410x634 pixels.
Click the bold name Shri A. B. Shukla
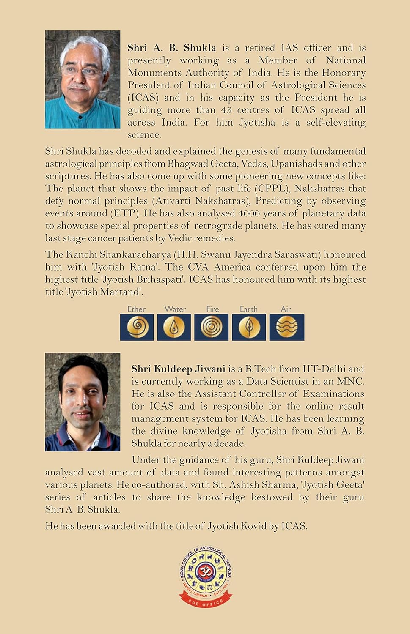172,48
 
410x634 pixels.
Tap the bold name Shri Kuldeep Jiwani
178,369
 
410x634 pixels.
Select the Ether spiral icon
137,327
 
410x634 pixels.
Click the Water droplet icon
174,327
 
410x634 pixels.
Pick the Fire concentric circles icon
211,327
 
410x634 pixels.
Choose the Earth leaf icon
249,327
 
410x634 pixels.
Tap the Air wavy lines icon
286,327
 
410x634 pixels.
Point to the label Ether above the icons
137,309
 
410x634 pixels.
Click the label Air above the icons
286,309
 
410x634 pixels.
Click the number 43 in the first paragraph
227,110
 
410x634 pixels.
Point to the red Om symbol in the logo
205,571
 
